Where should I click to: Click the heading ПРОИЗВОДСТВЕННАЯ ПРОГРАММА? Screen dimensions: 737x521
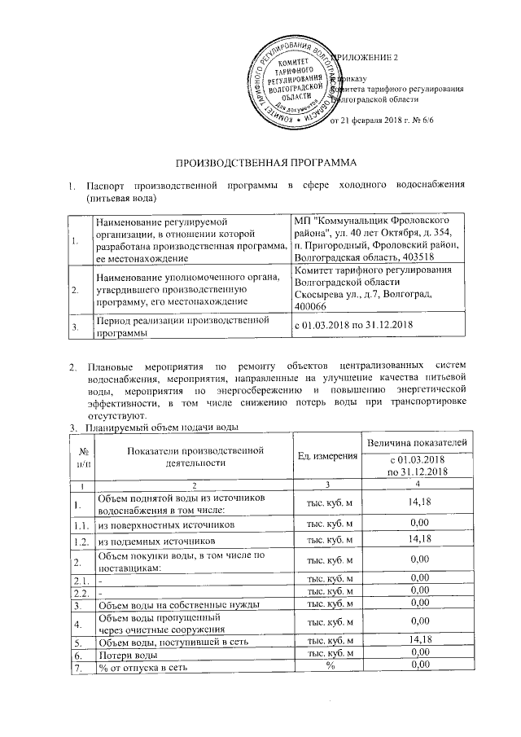click(260, 164)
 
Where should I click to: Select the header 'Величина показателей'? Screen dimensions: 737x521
click(418, 441)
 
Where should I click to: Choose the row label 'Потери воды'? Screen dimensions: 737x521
click(123, 654)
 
